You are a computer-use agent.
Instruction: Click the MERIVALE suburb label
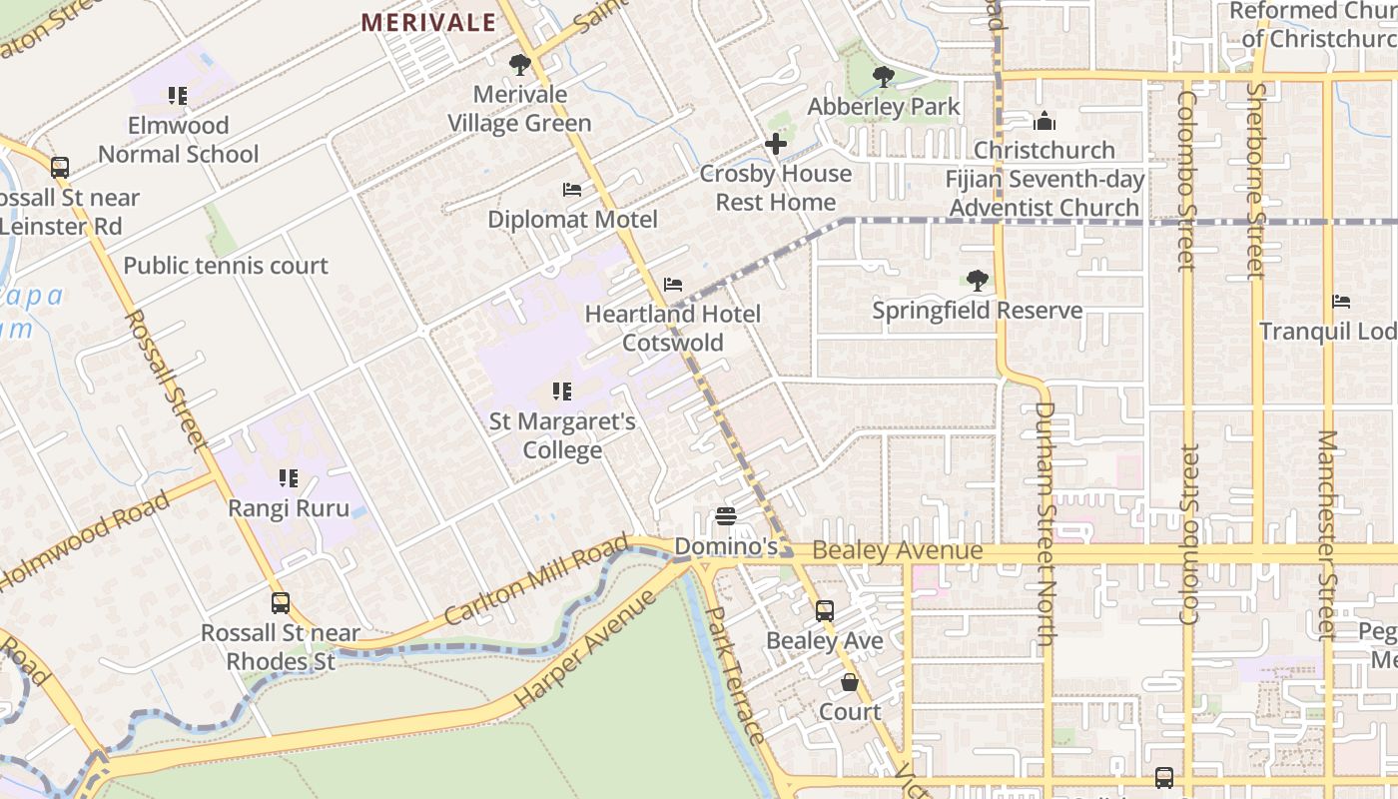point(427,22)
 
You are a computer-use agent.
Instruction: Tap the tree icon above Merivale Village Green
point(519,65)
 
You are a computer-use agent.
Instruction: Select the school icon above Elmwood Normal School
point(178,96)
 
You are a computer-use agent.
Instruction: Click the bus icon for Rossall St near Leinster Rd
point(60,168)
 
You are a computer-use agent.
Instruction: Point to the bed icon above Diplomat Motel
point(572,190)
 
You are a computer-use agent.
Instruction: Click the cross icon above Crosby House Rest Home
point(776,144)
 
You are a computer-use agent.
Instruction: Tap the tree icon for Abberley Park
point(884,77)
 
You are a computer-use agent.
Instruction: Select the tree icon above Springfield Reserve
point(978,281)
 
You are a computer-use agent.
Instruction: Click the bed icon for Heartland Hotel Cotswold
point(673,285)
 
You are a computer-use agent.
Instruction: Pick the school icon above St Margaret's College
point(562,392)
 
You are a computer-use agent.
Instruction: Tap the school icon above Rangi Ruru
point(289,478)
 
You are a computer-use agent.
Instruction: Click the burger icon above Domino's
point(726,516)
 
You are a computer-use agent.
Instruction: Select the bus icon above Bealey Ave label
point(825,611)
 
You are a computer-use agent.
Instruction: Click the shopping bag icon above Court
point(850,682)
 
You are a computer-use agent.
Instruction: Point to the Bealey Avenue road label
point(897,551)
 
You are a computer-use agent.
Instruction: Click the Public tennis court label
point(226,266)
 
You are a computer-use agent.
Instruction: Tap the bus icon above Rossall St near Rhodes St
point(281,603)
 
